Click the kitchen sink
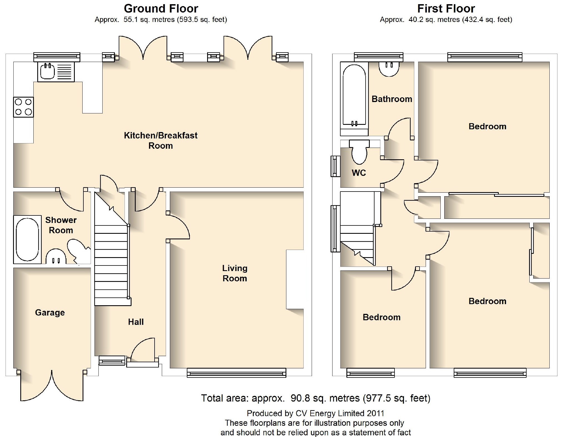[56, 72]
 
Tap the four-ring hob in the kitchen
[23, 107]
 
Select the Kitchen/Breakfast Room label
[161, 140]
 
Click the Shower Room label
[61, 225]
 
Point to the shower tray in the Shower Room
[27, 239]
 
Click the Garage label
[50, 312]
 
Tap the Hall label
[136, 322]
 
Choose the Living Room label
[235, 273]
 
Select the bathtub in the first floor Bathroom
[354, 96]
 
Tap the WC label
[359, 173]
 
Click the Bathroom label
[392, 99]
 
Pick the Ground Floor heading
[161, 9]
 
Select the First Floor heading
[446, 9]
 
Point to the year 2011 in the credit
[375, 413]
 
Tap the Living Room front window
[236, 373]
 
